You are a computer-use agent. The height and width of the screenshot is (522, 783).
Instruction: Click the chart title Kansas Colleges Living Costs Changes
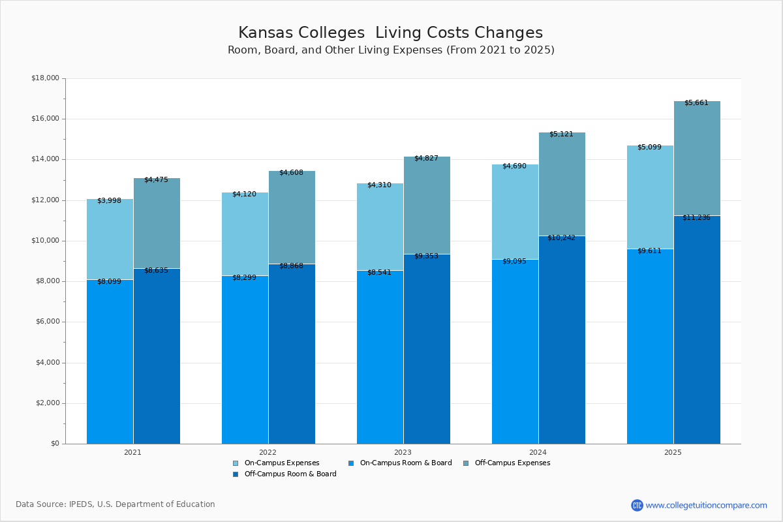click(x=390, y=33)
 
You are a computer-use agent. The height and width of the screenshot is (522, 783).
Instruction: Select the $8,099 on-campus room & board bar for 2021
click(x=110, y=362)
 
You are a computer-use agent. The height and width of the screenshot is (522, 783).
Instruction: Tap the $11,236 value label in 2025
click(x=696, y=218)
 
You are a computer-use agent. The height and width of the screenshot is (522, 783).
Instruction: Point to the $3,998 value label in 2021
click(x=109, y=201)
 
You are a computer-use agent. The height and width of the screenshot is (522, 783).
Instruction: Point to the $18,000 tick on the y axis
click(x=45, y=78)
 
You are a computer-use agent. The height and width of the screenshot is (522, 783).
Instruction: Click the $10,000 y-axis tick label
click(x=45, y=241)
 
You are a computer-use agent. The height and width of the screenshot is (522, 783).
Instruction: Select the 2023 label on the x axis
click(x=403, y=452)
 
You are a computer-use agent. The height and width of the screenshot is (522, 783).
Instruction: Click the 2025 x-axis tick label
click(x=673, y=452)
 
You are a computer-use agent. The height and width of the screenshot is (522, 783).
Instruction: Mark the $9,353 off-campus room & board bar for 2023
click(x=427, y=349)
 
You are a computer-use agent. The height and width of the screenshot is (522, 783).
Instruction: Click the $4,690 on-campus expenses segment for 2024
click(x=515, y=212)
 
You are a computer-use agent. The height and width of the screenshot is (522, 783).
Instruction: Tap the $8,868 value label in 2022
click(x=291, y=266)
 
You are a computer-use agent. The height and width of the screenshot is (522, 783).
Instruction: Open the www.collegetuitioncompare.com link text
click(x=706, y=505)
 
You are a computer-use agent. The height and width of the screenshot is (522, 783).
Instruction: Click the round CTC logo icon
click(x=637, y=505)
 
